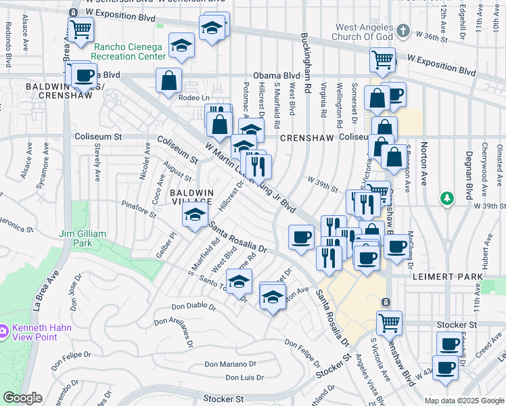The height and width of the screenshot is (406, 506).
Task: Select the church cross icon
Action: coord(404,30)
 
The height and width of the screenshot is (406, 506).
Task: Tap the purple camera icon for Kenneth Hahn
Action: coord(5,331)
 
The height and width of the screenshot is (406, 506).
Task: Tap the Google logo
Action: coord(23,398)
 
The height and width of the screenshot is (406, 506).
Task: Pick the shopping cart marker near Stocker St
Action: coord(389,323)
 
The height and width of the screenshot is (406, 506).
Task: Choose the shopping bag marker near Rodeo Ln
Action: coord(168,81)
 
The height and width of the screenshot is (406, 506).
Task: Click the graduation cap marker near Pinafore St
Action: coord(194,216)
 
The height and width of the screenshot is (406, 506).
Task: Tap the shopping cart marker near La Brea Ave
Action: coord(81,30)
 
